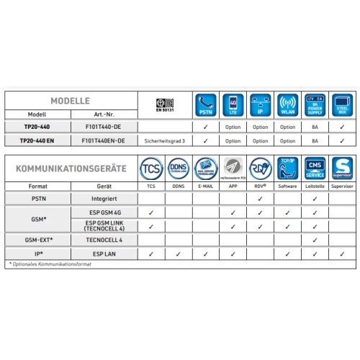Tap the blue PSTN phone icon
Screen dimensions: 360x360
(x=205, y=104)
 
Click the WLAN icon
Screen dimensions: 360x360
(x=287, y=104)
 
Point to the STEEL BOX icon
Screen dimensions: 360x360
(x=342, y=104)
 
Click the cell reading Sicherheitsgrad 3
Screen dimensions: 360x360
(x=166, y=140)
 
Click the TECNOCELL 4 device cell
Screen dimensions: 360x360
(x=104, y=240)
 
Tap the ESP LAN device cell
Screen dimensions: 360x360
(x=104, y=253)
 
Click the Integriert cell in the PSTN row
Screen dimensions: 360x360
(x=104, y=197)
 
